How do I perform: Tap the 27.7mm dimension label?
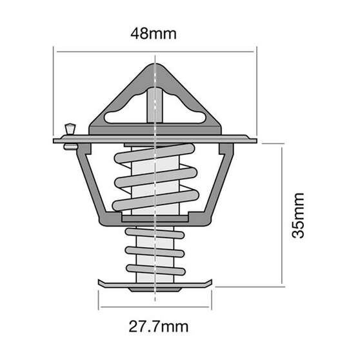155,326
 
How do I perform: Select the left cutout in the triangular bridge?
123,115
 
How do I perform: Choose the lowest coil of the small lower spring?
155,268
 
